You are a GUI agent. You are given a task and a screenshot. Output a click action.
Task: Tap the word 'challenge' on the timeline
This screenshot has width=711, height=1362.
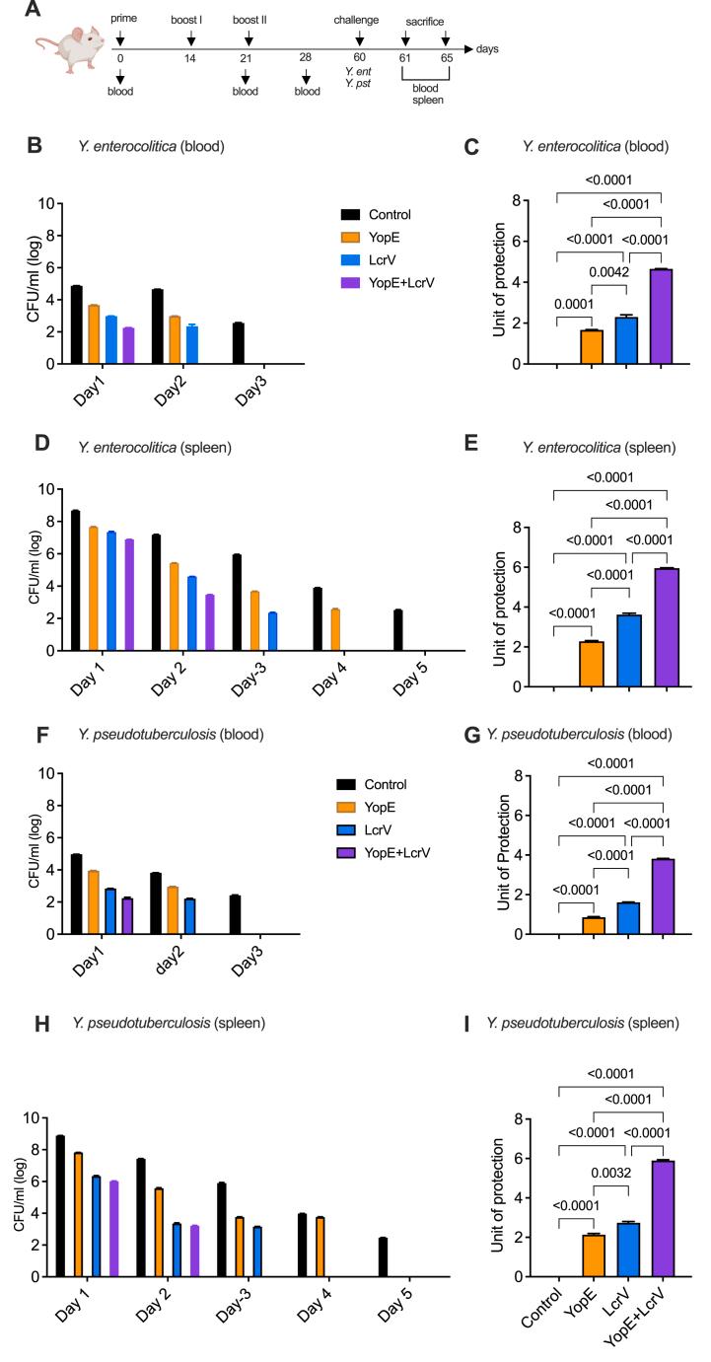(x=357, y=19)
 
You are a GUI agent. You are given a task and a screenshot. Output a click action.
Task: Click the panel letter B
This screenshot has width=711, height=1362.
(x=35, y=145)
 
